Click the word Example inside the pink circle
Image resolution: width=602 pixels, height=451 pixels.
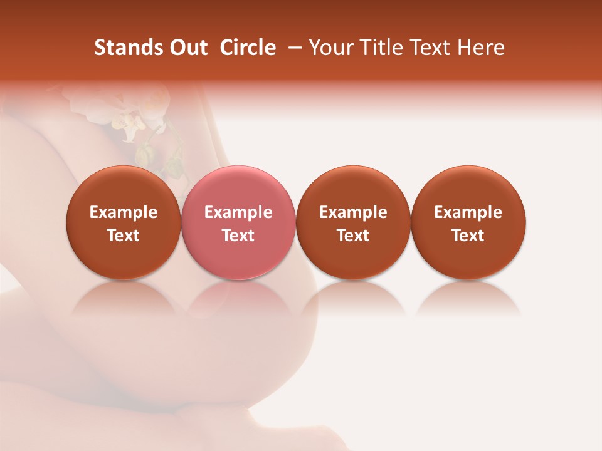[x=238, y=212]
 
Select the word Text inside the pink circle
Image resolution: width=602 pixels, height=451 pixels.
[x=238, y=236]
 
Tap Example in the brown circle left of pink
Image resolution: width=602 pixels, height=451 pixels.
[x=124, y=212]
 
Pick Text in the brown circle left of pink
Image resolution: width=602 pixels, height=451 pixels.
[x=124, y=236]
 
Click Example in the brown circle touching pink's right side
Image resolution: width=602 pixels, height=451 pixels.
[x=353, y=212]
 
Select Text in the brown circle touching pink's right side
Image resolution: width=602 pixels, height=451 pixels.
[x=353, y=236]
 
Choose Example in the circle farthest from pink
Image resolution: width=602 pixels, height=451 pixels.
[x=468, y=212]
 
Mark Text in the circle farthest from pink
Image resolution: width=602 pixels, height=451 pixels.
[x=468, y=236]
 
